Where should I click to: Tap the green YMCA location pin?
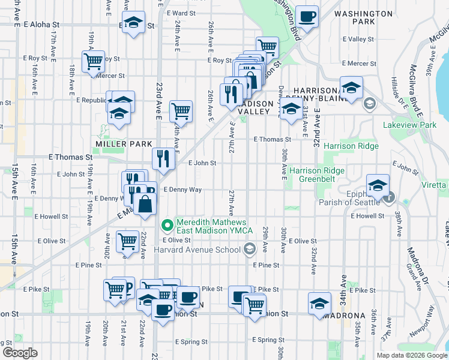tap(167, 226)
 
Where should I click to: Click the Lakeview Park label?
tap(410, 125)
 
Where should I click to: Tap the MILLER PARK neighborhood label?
tap(117, 144)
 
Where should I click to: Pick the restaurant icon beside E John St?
tap(163, 158)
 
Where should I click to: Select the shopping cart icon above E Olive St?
tap(127, 241)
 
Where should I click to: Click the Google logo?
tap(20, 353)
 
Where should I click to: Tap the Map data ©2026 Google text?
tap(411, 355)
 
